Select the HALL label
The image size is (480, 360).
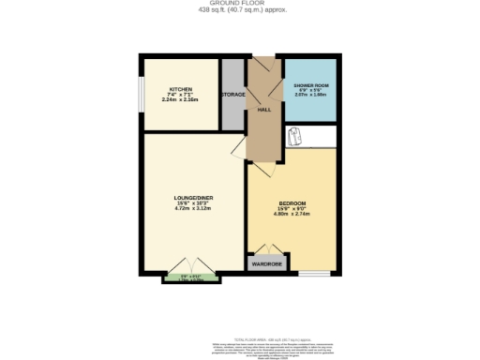click(x=264, y=109)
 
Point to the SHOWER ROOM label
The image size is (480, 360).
click(x=312, y=84)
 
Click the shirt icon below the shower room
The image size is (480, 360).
click(x=297, y=137)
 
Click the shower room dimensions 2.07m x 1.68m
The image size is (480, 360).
click(x=312, y=95)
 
